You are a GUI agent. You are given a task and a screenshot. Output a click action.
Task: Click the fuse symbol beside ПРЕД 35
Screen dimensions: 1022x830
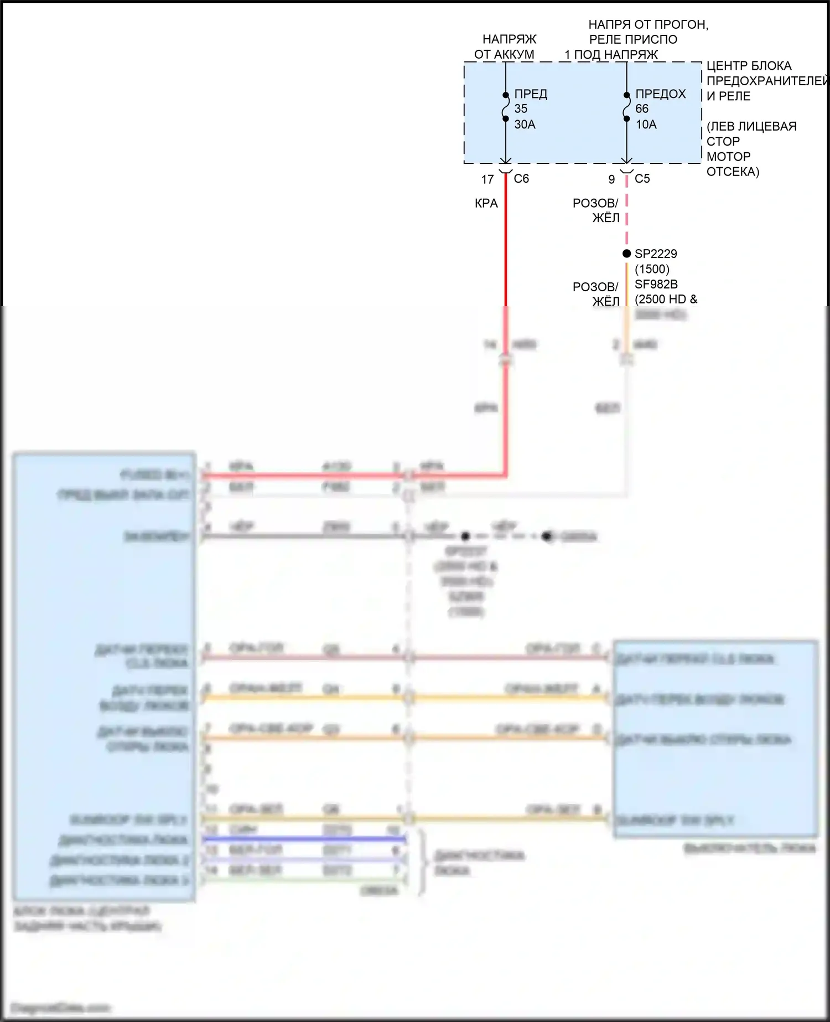[x=506, y=107]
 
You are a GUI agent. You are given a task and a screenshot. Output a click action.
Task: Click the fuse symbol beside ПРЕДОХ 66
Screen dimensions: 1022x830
[x=626, y=107]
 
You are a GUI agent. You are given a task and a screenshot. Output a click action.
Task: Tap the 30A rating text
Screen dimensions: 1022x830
[x=525, y=125]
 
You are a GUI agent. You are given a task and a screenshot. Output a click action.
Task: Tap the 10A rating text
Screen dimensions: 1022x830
[x=646, y=125]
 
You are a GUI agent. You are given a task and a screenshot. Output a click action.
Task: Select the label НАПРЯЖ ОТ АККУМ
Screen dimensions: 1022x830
[x=505, y=47]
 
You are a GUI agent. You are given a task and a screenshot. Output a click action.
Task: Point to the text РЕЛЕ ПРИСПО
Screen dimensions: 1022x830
[x=633, y=39]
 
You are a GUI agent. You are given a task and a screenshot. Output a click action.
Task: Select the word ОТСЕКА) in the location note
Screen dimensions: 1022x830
[x=733, y=172]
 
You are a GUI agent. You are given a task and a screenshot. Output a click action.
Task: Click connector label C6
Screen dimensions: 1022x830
[x=521, y=179]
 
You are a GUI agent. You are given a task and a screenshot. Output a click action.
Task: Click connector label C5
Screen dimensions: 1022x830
[x=642, y=179]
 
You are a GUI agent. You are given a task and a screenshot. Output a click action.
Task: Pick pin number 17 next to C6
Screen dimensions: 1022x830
[x=487, y=179]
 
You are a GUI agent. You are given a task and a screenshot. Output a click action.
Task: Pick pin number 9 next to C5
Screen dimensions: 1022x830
[x=611, y=179]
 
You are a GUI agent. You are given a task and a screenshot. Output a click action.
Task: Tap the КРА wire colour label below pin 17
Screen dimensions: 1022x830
[x=486, y=203]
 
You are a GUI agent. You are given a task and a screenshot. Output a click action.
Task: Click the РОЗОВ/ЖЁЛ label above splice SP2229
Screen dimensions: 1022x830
[x=596, y=210]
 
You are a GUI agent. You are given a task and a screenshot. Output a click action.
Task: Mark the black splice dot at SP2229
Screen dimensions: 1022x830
[x=626, y=254]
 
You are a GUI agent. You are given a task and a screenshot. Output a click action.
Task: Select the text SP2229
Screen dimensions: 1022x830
[x=656, y=254]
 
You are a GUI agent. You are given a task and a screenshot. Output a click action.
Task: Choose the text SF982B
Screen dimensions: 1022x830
[x=656, y=284]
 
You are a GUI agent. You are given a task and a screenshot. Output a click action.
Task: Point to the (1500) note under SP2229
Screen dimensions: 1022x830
[x=652, y=269]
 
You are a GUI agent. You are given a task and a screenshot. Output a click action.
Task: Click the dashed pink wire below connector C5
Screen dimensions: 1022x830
[x=626, y=216]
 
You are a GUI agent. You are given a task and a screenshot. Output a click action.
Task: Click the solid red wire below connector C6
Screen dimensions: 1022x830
[x=506, y=244]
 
